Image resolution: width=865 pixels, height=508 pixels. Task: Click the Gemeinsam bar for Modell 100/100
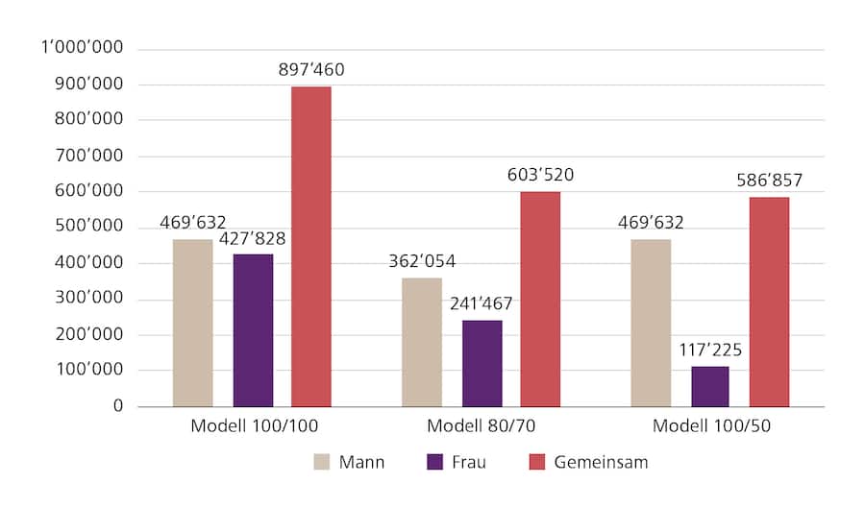point(311,247)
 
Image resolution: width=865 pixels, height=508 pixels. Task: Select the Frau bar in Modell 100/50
point(710,386)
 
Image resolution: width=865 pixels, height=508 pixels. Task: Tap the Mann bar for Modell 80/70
point(422,342)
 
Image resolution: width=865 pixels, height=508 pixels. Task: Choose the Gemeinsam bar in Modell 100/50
point(769,302)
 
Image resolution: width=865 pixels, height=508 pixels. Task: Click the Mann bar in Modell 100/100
point(193,323)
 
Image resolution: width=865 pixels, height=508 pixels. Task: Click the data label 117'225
point(709,350)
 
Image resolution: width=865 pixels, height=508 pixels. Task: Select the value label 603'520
point(540,175)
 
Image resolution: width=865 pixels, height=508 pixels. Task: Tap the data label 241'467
point(481,303)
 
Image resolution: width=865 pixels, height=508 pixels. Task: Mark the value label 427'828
point(253,238)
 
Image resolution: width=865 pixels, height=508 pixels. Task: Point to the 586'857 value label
point(769,180)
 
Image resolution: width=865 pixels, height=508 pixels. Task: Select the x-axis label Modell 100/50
point(709,425)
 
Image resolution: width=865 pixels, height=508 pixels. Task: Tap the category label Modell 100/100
point(252,425)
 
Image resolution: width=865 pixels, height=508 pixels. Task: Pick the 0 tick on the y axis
point(118,406)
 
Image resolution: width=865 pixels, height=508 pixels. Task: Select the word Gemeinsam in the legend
point(601,463)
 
